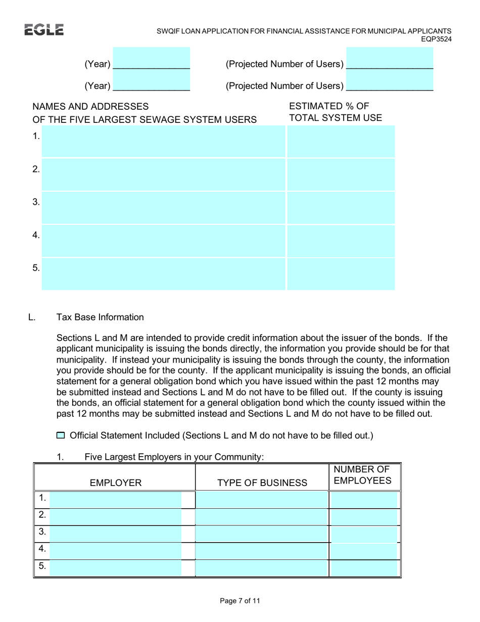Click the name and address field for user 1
pos(163,142)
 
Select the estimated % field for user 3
pos(341,207)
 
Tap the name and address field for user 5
pos(163,274)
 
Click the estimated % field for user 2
pos(341,174)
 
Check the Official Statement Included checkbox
pos(61,435)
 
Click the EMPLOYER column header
pos(115,483)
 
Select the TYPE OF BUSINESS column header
pos(262,483)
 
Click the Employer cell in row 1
pos(116,500)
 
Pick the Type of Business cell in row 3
pos(262,534)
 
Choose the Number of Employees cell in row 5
pos(364,568)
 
